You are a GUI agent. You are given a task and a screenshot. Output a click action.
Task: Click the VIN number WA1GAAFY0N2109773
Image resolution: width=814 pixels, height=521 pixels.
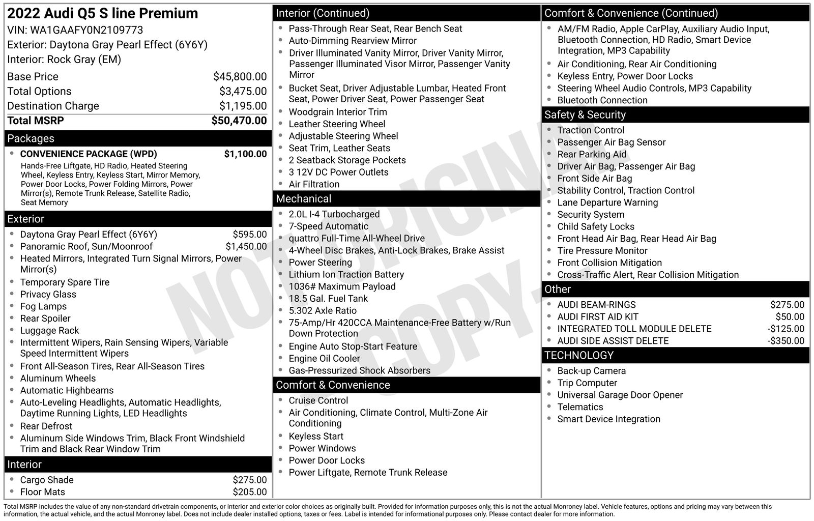pyautogui.click(x=86, y=30)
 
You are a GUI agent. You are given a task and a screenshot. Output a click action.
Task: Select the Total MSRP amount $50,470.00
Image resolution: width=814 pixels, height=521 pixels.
pyautogui.click(x=239, y=121)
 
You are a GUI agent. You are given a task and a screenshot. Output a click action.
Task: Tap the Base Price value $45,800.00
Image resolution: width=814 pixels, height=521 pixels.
pyautogui.click(x=240, y=77)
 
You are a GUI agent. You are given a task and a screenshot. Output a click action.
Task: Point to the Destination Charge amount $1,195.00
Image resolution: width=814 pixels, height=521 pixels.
pyautogui.click(x=243, y=106)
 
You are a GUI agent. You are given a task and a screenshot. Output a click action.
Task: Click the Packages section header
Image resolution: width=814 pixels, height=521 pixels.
pyautogui.click(x=31, y=138)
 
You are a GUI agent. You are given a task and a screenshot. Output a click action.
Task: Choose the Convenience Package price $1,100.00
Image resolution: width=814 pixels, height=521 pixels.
pyautogui.click(x=245, y=154)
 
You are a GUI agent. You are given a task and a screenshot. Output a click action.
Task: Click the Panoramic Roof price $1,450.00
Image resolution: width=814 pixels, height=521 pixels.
pyautogui.click(x=246, y=246)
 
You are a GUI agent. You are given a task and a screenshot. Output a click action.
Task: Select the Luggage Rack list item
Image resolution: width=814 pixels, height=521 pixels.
pyautogui.click(x=49, y=330)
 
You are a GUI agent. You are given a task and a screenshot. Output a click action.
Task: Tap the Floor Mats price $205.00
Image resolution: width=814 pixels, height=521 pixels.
pyautogui.click(x=250, y=491)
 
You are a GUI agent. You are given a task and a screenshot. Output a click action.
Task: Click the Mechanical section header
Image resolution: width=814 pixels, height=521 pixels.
pyautogui.click(x=303, y=198)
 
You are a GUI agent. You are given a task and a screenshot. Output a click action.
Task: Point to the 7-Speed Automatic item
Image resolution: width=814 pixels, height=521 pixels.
pyautogui.click(x=328, y=226)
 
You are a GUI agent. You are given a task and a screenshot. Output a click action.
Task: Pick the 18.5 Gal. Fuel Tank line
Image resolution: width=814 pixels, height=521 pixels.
pyautogui.click(x=328, y=298)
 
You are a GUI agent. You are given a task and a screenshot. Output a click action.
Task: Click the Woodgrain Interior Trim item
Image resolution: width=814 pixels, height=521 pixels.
pyautogui.click(x=338, y=111)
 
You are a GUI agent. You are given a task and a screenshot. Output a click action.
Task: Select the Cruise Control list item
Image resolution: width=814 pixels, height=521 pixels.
pyautogui.click(x=318, y=400)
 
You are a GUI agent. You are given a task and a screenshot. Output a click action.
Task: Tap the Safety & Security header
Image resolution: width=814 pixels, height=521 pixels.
pyautogui.click(x=585, y=114)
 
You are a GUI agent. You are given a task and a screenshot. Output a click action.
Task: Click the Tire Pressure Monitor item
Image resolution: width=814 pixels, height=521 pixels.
pyautogui.click(x=602, y=250)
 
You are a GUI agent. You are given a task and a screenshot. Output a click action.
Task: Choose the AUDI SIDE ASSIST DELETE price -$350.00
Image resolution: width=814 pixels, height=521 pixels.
pyautogui.click(x=786, y=340)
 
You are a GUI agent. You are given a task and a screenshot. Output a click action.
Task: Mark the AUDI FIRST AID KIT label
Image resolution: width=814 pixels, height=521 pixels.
pyautogui.click(x=598, y=316)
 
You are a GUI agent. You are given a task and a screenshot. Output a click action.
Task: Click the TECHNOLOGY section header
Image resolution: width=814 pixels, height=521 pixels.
pyautogui.click(x=579, y=355)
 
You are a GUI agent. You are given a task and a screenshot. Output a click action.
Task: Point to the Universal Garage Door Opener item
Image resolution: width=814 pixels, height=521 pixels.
pyautogui.click(x=620, y=394)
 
